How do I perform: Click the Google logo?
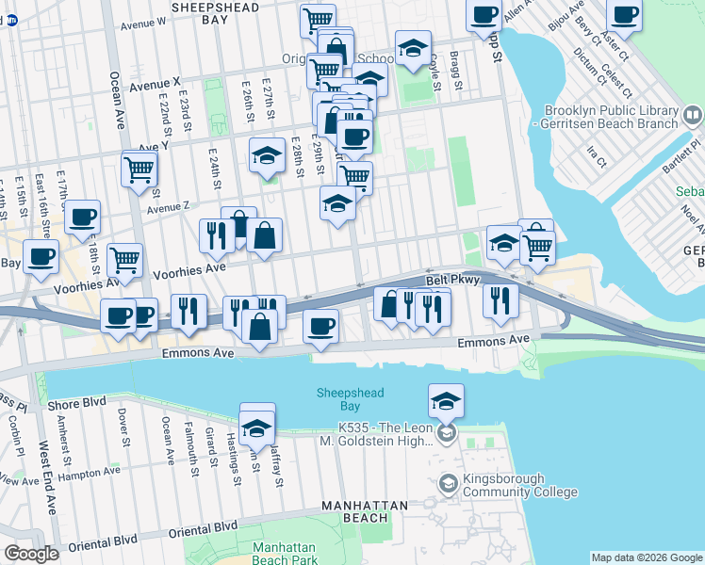(31, 554)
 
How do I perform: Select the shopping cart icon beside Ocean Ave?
(139, 169)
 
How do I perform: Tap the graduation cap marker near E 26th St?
(268, 155)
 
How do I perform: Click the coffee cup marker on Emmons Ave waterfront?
(320, 327)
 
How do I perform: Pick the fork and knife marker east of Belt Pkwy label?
(500, 300)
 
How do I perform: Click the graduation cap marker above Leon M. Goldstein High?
(446, 400)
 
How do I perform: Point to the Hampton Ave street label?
(97, 470)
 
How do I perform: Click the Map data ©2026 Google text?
(647, 557)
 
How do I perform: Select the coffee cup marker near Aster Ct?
(623, 16)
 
